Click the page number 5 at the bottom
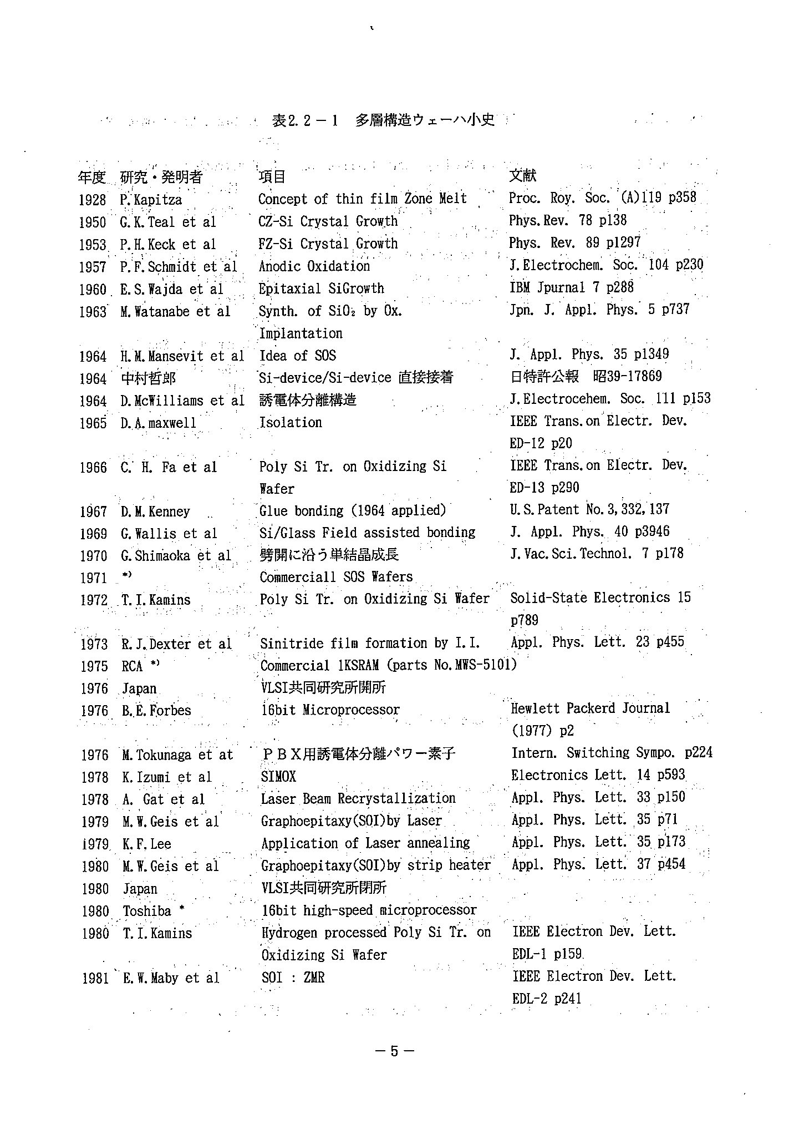click(x=394, y=1051)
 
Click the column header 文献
click(x=522, y=175)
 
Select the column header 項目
click(x=272, y=176)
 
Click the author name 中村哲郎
click(x=148, y=378)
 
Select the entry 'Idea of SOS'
click(x=298, y=356)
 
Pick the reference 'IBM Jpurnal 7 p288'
click(x=571, y=287)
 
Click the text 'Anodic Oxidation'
click(x=314, y=266)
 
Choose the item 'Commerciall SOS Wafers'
click(x=336, y=577)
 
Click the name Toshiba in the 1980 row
click(x=147, y=911)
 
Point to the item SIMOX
click(x=278, y=777)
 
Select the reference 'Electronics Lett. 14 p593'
click(x=598, y=775)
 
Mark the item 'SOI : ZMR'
click(x=293, y=978)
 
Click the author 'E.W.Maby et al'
click(x=171, y=978)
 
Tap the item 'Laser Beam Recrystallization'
click(x=358, y=799)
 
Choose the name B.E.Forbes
click(x=156, y=711)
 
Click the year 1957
click(x=93, y=267)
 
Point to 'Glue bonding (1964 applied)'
click(x=353, y=510)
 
